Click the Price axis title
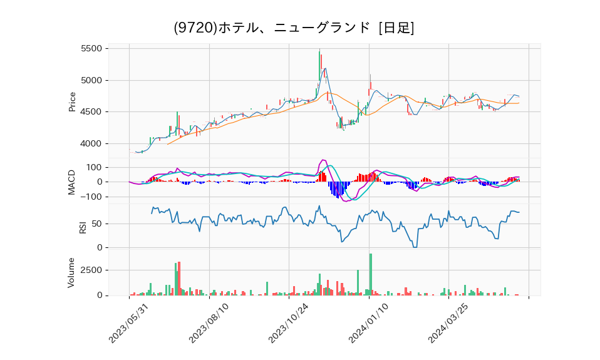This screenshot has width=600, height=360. click(72, 101)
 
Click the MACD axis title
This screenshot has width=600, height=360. click(72, 182)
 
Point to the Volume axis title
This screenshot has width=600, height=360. click(72, 272)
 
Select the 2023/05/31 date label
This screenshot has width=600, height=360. click(129, 321)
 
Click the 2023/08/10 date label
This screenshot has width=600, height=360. click(209, 321)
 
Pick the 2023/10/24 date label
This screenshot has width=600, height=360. click(289, 321)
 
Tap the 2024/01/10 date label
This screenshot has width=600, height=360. click(369, 321)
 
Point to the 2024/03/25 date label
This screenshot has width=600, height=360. click(448, 321)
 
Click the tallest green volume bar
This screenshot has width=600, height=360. click(371, 274)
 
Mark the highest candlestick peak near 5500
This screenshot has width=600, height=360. click(319, 50)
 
